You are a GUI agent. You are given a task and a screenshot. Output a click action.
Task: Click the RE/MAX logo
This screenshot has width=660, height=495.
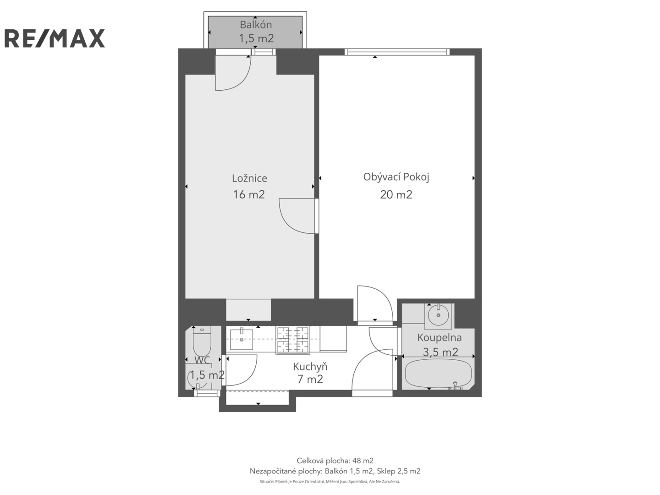click(55, 38)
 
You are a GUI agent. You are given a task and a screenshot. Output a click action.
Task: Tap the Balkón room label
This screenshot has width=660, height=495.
click(256, 24)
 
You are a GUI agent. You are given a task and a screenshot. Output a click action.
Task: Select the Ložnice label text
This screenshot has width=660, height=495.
click(249, 178)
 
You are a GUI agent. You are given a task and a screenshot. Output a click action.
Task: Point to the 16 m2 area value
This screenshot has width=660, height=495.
click(249, 194)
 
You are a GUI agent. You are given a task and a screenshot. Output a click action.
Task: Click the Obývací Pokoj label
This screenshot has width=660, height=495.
click(396, 177)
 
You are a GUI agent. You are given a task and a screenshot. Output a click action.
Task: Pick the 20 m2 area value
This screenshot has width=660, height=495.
click(396, 195)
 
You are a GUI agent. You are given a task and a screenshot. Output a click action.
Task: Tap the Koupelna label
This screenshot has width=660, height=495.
click(439, 337)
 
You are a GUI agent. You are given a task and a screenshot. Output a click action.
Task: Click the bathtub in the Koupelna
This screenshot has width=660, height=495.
click(438, 374)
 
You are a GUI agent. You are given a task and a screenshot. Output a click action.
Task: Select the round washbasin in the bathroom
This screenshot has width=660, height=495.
click(439, 315)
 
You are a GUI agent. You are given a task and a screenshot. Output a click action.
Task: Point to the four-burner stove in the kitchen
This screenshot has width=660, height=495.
click(292, 340)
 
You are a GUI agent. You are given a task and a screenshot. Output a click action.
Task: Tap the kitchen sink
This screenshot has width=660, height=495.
click(241, 340)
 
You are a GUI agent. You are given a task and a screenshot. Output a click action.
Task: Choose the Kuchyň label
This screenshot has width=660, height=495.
click(310, 367)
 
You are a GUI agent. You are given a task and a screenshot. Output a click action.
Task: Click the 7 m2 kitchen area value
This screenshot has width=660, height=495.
click(310, 379)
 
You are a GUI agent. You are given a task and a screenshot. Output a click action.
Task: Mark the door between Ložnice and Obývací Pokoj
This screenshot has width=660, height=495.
click(316, 216)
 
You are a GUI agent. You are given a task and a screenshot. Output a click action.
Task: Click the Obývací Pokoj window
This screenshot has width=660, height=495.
click(397, 52)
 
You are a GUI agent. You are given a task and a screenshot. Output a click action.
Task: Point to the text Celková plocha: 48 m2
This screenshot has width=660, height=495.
click(335, 461)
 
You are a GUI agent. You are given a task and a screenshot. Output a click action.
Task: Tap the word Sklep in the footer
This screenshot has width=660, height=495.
click(386, 471)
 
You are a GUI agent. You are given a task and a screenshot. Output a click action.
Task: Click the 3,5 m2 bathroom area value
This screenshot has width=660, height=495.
click(440, 352)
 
